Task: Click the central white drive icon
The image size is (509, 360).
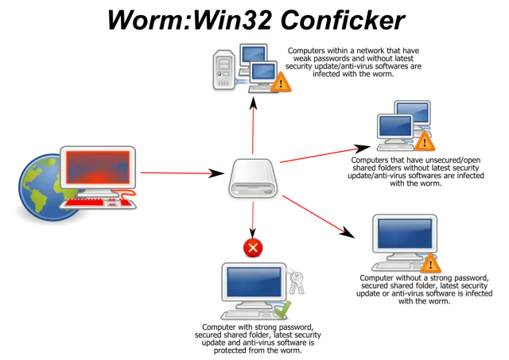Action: point(253,180)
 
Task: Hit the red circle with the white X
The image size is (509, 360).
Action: point(253,248)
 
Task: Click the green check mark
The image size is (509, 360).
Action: point(283,308)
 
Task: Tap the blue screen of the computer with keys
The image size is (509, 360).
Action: point(254,283)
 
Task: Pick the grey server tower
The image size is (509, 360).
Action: point(224,70)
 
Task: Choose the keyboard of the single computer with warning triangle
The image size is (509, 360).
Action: point(398,266)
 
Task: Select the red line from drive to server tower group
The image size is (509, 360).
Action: point(253,127)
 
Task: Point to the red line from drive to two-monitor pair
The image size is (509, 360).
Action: point(318,154)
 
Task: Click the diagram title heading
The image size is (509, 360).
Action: point(254,20)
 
